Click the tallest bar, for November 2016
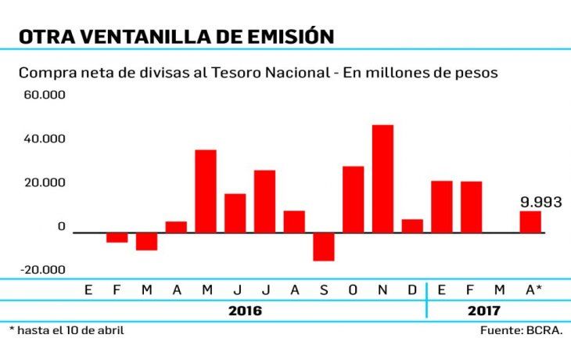pos(382,178)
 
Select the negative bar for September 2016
pos(323,247)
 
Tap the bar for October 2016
pos(353,199)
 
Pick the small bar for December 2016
pos(412,225)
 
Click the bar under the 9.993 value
pos(530,221)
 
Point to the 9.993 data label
pos(541,202)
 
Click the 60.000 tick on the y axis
pos(45,95)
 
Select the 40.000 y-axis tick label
pos(45,139)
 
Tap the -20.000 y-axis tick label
pos(43,270)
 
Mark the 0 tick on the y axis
pos(61,227)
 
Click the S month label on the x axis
pos(324,290)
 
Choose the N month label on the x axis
pos(382,290)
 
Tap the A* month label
pos(533,290)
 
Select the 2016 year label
pos(245,310)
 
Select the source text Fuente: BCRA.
pos(521,330)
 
